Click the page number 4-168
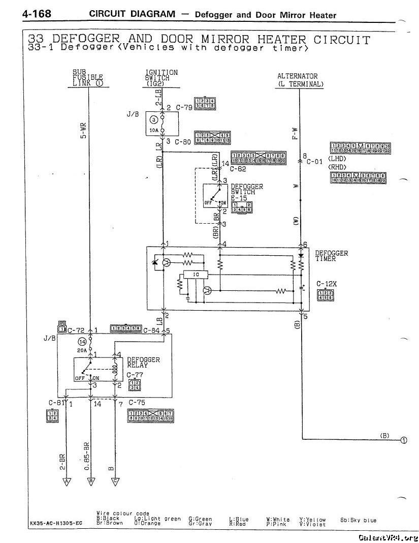click(x=36, y=14)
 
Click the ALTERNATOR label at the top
click(x=300, y=76)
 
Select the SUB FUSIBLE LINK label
click(x=87, y=77)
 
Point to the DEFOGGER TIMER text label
click(x=331, y=256)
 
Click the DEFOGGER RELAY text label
click(x=143, y=362)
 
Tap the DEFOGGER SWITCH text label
click(x=247, y=190)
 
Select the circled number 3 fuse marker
click(x=153, y=120)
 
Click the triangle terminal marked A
click(x=66, y=480)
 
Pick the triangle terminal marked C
click(x=115, y=480)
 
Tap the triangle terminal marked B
click(x=91, y=480)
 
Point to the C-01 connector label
click(x=314, y=162)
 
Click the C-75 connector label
click(x=137, y=403)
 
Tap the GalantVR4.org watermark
click(x=387, y=537)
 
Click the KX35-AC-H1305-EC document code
click(x=55, y=522)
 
